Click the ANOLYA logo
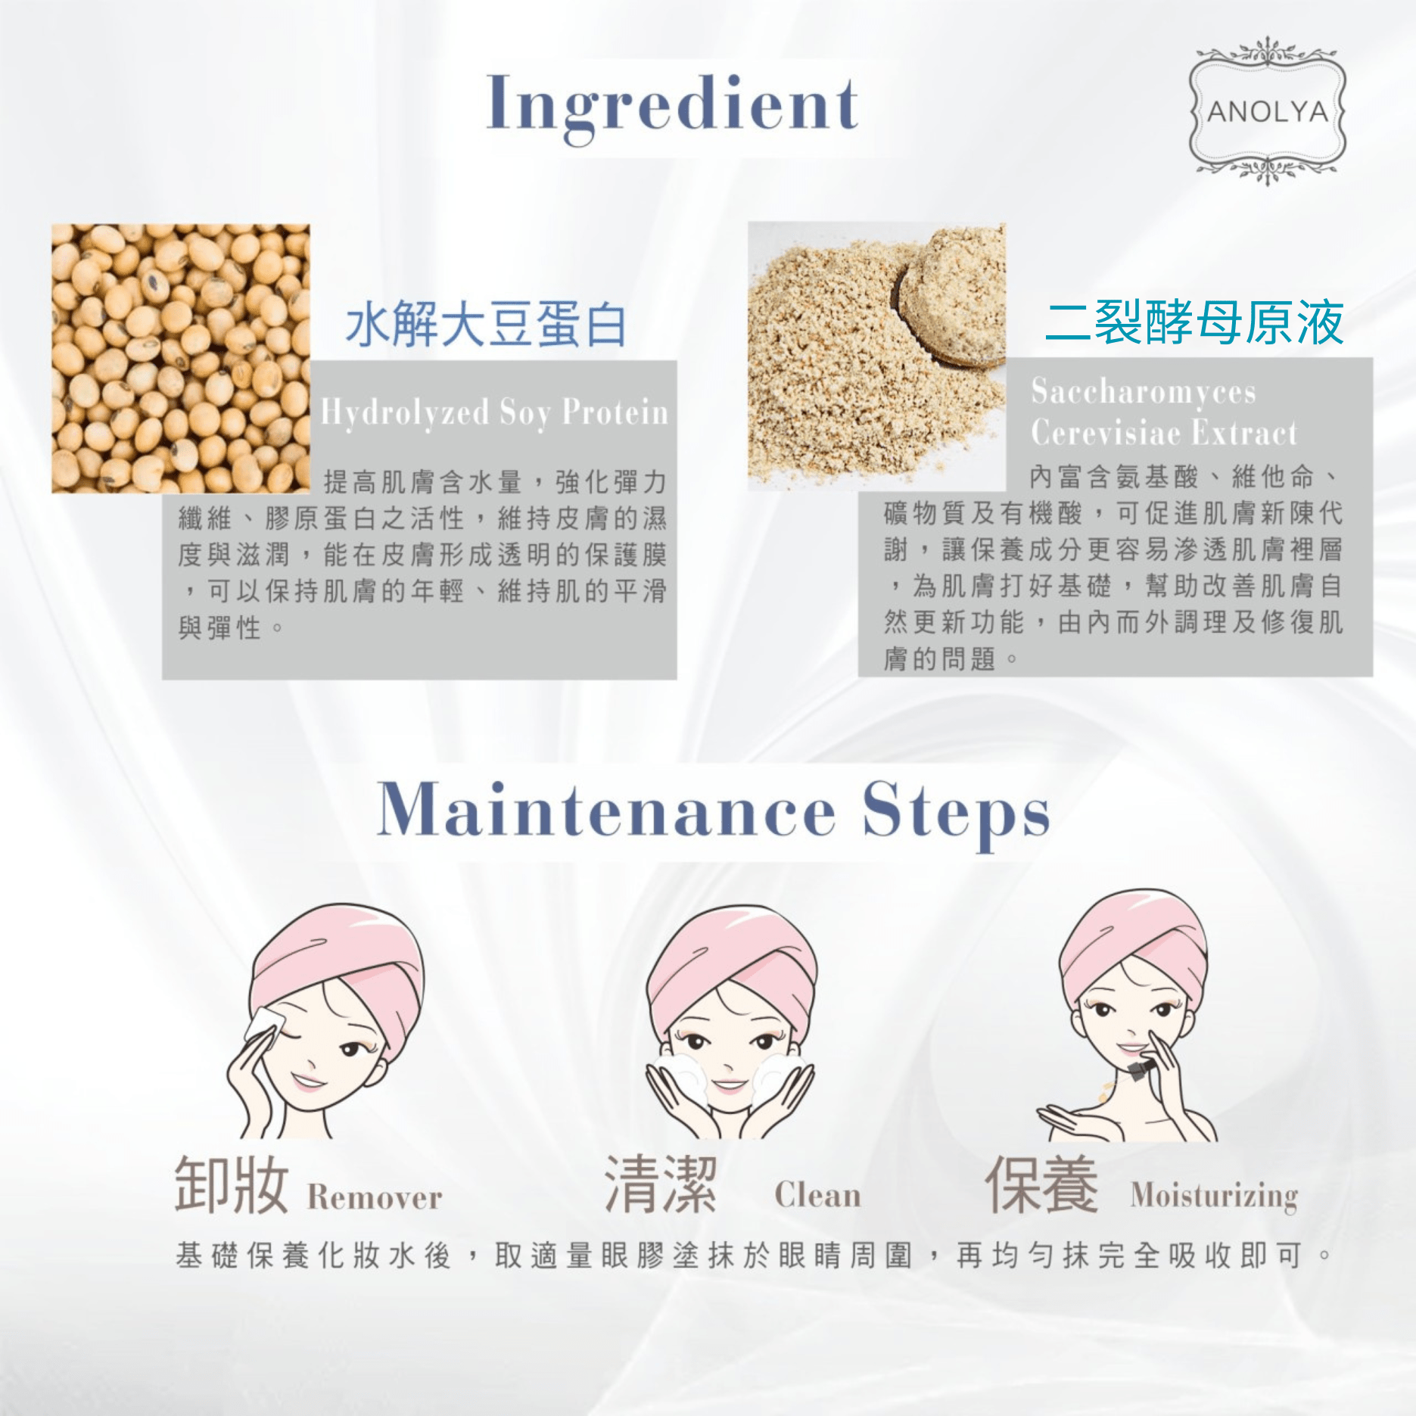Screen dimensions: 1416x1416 coord(1268,111)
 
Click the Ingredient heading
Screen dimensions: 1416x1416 coord(673,106)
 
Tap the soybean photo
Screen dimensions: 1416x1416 coord(181,359)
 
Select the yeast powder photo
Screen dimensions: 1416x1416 coord(877,356)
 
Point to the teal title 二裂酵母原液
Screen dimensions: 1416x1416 coord(1194,322)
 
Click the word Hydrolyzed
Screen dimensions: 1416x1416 coord(405,413)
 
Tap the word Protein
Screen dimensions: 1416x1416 coord(615,412)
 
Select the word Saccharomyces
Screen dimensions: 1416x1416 coord(1144,392)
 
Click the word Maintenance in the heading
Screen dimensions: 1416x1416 coord(606,811)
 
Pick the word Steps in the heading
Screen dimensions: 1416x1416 coord(956,814)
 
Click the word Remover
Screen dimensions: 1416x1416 coord(375,1197)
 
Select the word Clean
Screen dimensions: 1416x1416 coord(817,1195)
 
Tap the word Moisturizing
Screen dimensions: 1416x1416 coord(1214,1197)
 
